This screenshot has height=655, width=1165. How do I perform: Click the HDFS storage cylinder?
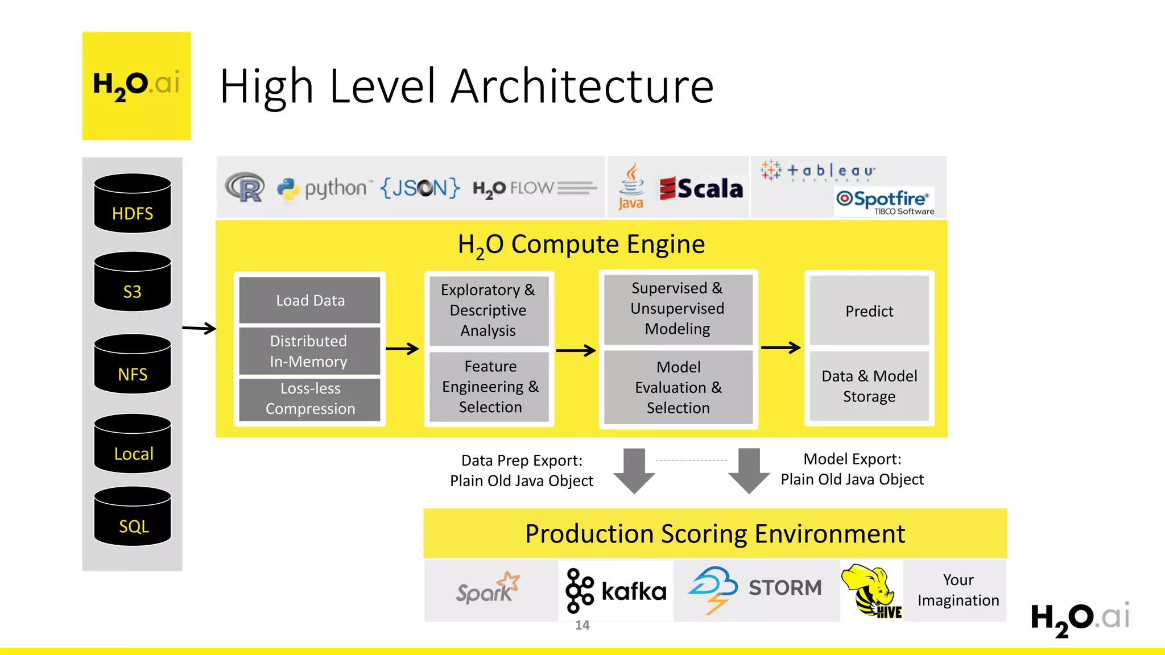(x=132, y=204)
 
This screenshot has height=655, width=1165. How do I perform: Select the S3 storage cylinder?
(x=132, y=282)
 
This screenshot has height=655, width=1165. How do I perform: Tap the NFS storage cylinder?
(x=132, y=364)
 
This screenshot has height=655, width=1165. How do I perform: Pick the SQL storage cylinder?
(x=132, y=517)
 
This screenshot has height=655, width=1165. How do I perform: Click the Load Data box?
(x=310, y=300)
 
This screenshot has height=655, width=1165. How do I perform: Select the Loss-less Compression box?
(x=310, y=399)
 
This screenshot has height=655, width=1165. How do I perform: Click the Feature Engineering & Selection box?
(x=490, y=387)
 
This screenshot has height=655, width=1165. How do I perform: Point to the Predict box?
(x=869, y=311)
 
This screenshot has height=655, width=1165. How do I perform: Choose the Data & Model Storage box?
(x=869, y=386)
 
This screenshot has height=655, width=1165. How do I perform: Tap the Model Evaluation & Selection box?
(x=678, y=387)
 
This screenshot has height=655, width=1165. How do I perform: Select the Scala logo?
(x=701, y=189)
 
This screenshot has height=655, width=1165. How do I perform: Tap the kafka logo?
(x=616, y=591)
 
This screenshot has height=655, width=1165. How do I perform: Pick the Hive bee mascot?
(x=870, y=591)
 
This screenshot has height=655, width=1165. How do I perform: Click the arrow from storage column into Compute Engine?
(x=199, y=328)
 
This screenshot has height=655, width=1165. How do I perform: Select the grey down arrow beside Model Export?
(x=749, y=471)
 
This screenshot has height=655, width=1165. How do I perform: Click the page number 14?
(x=582, y=625)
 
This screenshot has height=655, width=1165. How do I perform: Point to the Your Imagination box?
(x=957, y=590)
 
